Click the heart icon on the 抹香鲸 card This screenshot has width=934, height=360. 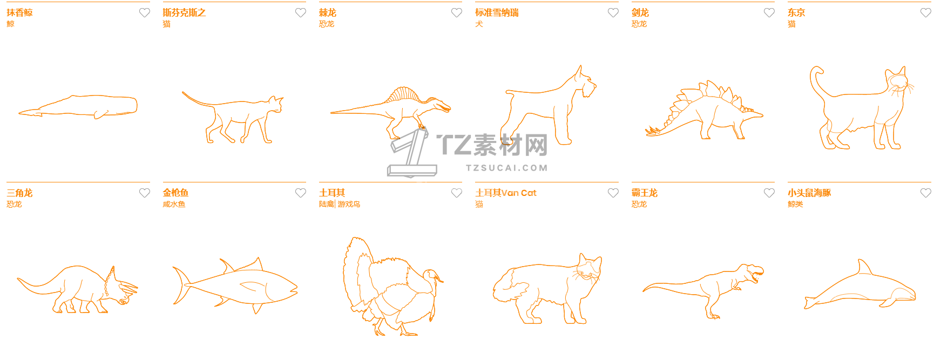(x=145, y=12)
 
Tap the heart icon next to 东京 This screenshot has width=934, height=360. (x=925, y=12)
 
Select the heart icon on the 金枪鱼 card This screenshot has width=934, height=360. (x=301, y=193)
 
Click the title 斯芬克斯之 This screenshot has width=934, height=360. (x=184, y=12)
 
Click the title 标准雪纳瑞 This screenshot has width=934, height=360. (x=497, y=12)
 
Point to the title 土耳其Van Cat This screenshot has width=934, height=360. (x=506, y=193)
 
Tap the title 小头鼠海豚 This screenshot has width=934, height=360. (x=809, y=193)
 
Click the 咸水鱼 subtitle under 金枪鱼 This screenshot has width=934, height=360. (x=174, y=204)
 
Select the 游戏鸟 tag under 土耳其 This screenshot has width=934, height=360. (x=349, y=204)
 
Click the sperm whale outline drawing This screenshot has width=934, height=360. (x=78, y=107)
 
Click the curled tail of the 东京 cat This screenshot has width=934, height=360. (x=818, y=81)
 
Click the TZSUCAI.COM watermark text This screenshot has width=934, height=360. (x=507, y=168)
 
